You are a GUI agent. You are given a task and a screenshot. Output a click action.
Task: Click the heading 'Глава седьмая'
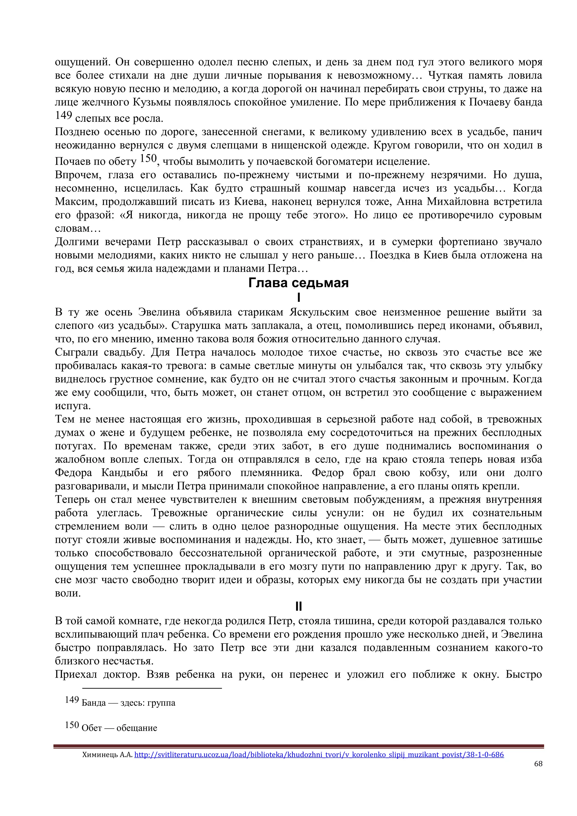(x=298, y=283)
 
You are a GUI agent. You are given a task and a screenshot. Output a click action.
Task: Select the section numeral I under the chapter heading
(x=298, y=297)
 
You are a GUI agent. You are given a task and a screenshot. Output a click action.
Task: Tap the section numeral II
(x=298, y=606)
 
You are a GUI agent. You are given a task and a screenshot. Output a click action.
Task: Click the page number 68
(x=538, y=764)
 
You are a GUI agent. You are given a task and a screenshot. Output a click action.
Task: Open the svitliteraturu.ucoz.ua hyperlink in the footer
(x=319, y=755)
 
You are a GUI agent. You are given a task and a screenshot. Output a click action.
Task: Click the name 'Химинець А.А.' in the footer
(x=107, y=755)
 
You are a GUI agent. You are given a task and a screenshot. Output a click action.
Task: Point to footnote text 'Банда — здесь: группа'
(x=128, y=703)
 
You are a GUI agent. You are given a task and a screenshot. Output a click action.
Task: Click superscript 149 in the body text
(x=64, y=115)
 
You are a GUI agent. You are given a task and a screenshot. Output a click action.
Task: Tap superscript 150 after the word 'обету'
(x=148, y=158)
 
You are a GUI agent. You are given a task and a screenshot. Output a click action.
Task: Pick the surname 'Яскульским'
(x=319, y=312)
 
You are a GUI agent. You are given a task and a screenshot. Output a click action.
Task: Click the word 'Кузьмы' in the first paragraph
(x=149, y=102)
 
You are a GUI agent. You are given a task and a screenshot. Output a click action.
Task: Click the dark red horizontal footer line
(x=298, y=746)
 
